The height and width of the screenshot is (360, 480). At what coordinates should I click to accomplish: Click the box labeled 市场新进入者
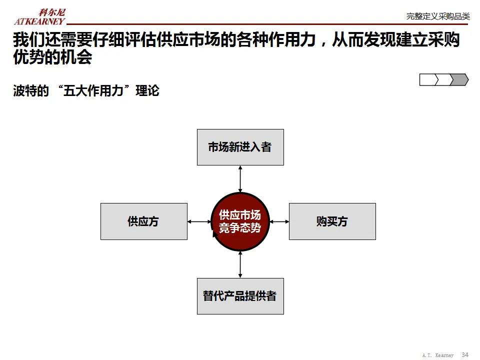point(240,147)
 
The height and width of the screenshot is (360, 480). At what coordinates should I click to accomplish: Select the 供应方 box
point(143,221)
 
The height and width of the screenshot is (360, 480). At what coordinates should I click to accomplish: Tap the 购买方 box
point(332,221)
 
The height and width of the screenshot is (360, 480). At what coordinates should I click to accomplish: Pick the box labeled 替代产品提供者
point(240,296)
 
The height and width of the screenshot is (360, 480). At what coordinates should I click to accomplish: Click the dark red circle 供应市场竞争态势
point(240,221)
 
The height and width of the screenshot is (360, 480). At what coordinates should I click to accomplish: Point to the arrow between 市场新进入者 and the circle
point(240,178)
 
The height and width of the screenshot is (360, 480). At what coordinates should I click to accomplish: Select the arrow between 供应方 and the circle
point(199,221)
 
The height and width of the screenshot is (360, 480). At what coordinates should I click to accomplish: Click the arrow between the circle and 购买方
point(279,221)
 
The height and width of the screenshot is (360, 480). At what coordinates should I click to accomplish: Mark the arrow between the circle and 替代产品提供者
point(240,264)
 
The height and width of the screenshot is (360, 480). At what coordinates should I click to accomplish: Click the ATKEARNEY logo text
point(39,21)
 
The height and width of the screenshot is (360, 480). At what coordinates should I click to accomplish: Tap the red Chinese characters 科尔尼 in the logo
point(52,12)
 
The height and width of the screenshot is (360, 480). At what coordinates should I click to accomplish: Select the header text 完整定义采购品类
point(438,16)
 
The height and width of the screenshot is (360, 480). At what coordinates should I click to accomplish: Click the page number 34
point(465,354)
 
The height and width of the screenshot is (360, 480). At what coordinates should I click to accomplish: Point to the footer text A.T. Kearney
point(438,355)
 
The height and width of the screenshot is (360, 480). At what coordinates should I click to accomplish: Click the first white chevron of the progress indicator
point(428,79)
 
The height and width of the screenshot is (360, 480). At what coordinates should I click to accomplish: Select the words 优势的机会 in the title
point(52,57)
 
